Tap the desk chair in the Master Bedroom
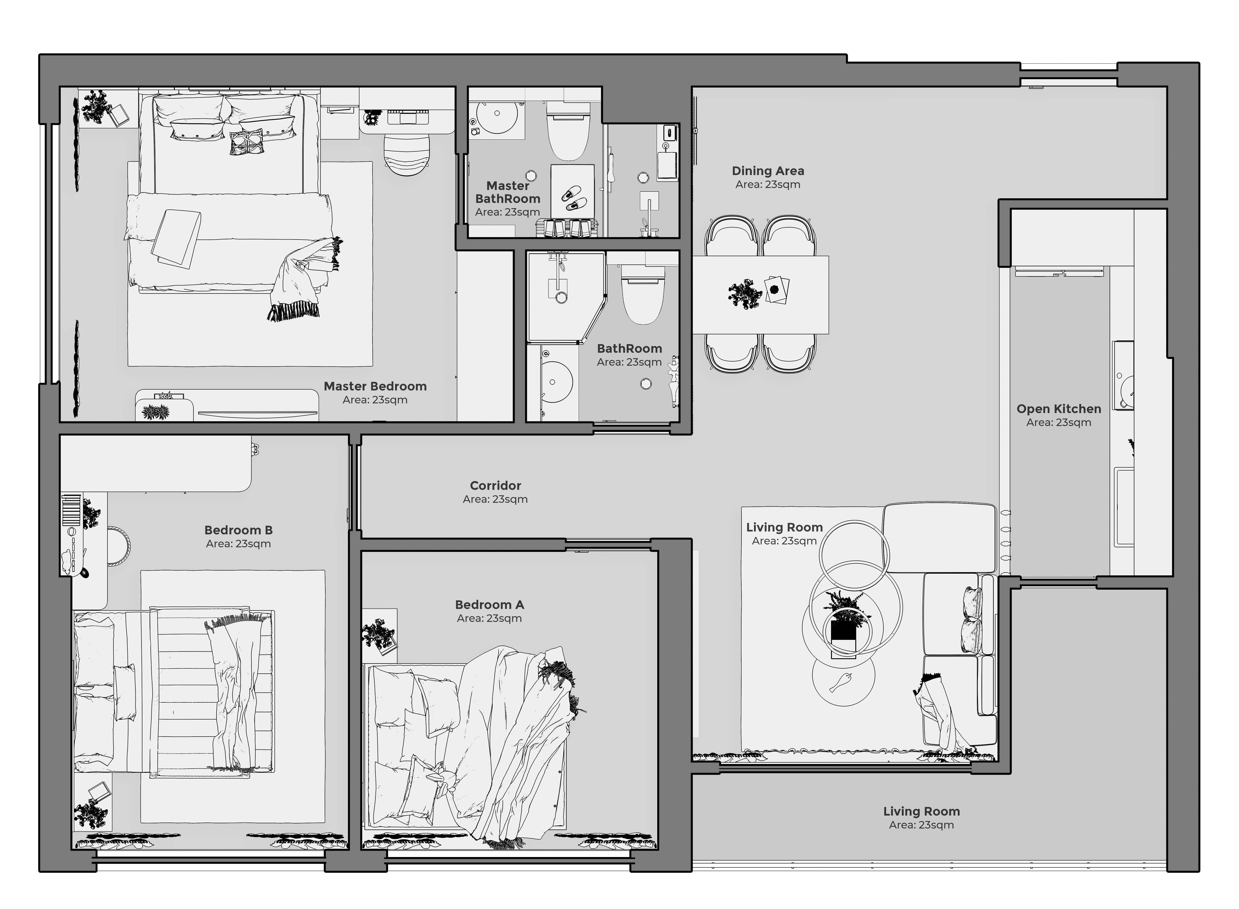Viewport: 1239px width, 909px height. click(x=406, y=155)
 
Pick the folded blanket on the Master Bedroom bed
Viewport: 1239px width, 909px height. click(x=176, y=239)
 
